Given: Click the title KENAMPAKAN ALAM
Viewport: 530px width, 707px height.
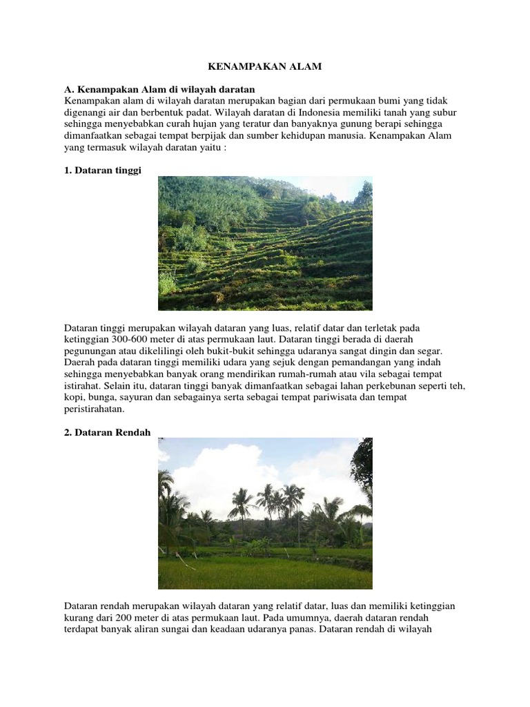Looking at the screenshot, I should point(265,67).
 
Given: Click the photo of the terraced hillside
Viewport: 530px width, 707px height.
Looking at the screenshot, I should point(265,243).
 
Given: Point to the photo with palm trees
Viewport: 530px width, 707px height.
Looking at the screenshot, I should point(265,513).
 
